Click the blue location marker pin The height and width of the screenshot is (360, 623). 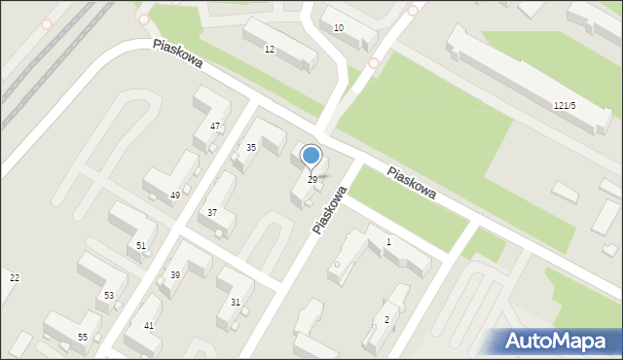[x=311, y=156]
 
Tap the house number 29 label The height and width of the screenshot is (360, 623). [x=312, y=180]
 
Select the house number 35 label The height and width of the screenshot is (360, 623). [x=251, y=148]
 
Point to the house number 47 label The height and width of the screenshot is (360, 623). [x=215, y=126]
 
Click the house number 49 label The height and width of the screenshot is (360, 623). [x=175, y=196]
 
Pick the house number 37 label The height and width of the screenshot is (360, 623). [x=211, y=213]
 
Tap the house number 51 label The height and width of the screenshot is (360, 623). [x=141, y=246]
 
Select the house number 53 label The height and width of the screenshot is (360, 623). [x=109, y=295]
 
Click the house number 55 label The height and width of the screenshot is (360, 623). [x=83, y=337]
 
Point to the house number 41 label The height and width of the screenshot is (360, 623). [x=149, y=326]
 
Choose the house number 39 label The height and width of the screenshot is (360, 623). [x=175, y=275]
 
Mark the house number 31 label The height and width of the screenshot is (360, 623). [x=236, y=303]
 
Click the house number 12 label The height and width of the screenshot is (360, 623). [x=270, y=50]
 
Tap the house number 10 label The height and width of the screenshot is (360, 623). [x=339, y=28]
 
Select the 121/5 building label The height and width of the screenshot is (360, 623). [x=564, y=105]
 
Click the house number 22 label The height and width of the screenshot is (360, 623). [x=14, y=278]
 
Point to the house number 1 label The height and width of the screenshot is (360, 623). [x=389, y=241]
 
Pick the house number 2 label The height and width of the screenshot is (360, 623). [x=386, y=320]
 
